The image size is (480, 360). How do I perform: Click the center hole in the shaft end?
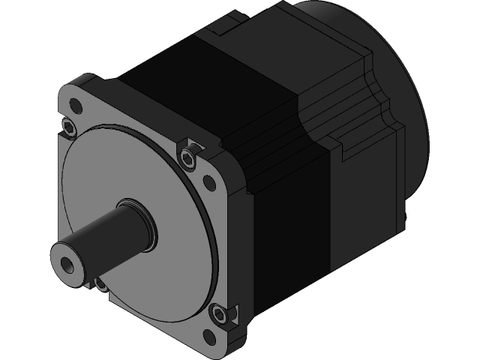tap(70, 264)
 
